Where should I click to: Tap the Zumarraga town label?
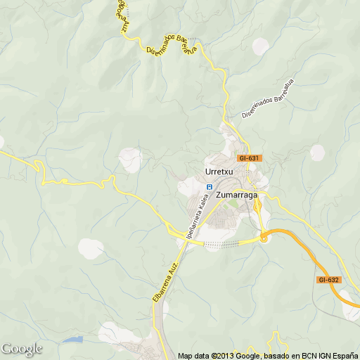[x=236, y=195]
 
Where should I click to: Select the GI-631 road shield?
[x=249, y=158]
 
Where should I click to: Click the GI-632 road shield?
[x=328, y=280]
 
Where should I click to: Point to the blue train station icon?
[x=209, y=186]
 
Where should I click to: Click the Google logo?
[x=21, y=349]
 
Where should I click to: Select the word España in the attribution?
[x=344, y=355]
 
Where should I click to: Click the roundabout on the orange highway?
[x=264, y=238]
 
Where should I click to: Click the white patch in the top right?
[x=261, y=46]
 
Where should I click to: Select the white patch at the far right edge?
[x=318, y=153]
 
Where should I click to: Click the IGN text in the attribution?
[x=320, y=355]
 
